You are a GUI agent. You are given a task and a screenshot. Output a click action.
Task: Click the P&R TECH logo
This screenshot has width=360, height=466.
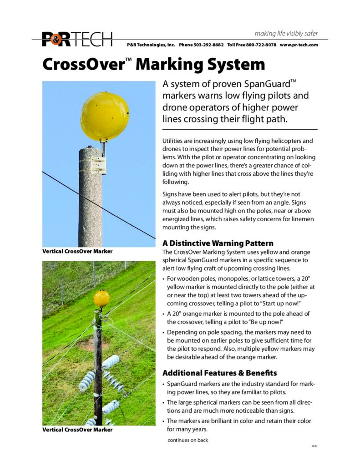pos(77,40)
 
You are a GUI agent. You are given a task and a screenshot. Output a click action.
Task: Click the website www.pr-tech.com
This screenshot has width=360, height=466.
pos(299,45)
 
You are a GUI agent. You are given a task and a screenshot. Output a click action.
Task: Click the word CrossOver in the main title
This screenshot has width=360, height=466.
pos(82,64)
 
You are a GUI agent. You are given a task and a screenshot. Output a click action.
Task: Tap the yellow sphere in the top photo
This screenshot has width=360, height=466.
pos(104,116)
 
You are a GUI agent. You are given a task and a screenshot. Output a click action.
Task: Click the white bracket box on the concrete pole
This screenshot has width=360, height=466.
pos(98,165)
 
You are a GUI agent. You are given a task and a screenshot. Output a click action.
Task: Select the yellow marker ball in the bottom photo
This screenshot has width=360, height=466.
pos(101,299)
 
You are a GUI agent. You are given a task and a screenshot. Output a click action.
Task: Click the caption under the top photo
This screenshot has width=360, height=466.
pos(77,251)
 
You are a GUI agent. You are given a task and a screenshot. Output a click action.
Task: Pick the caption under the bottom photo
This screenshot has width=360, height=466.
pos(77,430)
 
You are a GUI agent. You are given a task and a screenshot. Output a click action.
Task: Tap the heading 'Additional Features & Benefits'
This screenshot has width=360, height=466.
pos(219,373)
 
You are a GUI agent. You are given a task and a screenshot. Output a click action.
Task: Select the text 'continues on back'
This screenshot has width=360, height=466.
pos(188,440)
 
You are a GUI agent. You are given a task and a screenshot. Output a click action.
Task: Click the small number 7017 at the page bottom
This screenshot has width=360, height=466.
pos(314,446)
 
